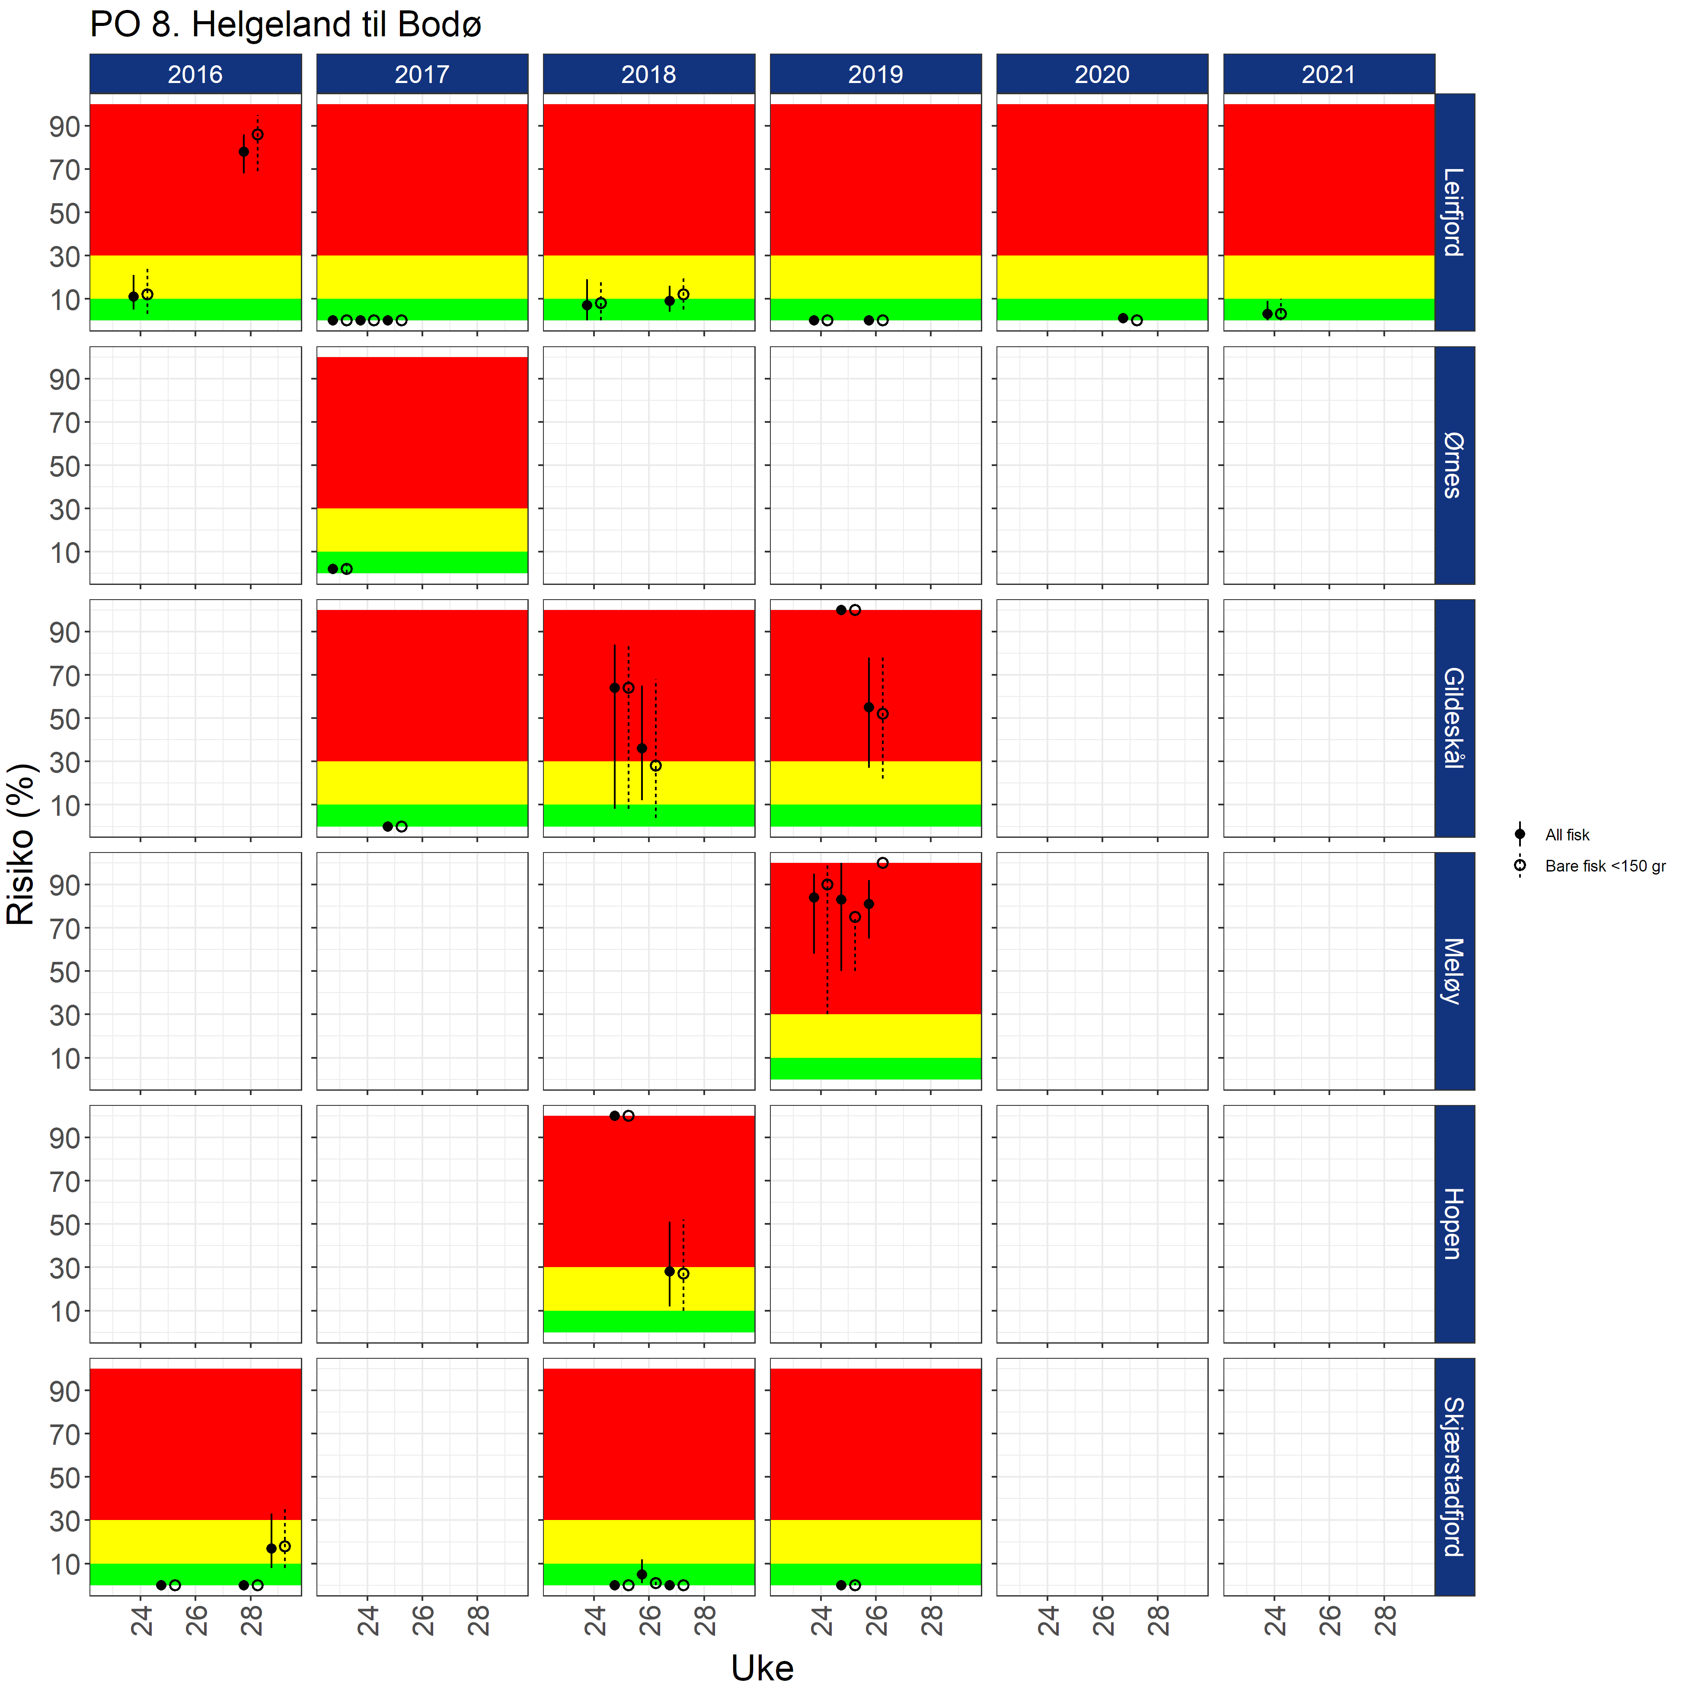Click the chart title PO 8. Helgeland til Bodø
pos(285,25)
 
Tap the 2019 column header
pos(875,74)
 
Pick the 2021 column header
pos(1328,74)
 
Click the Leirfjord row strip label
pos(1454,212)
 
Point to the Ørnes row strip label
pos(1454,465)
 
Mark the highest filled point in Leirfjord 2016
pos(243,152)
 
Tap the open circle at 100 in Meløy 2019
pos(882,863)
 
